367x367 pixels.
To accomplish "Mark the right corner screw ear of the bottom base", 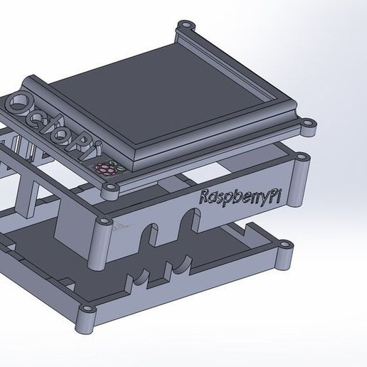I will pos(284,245).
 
